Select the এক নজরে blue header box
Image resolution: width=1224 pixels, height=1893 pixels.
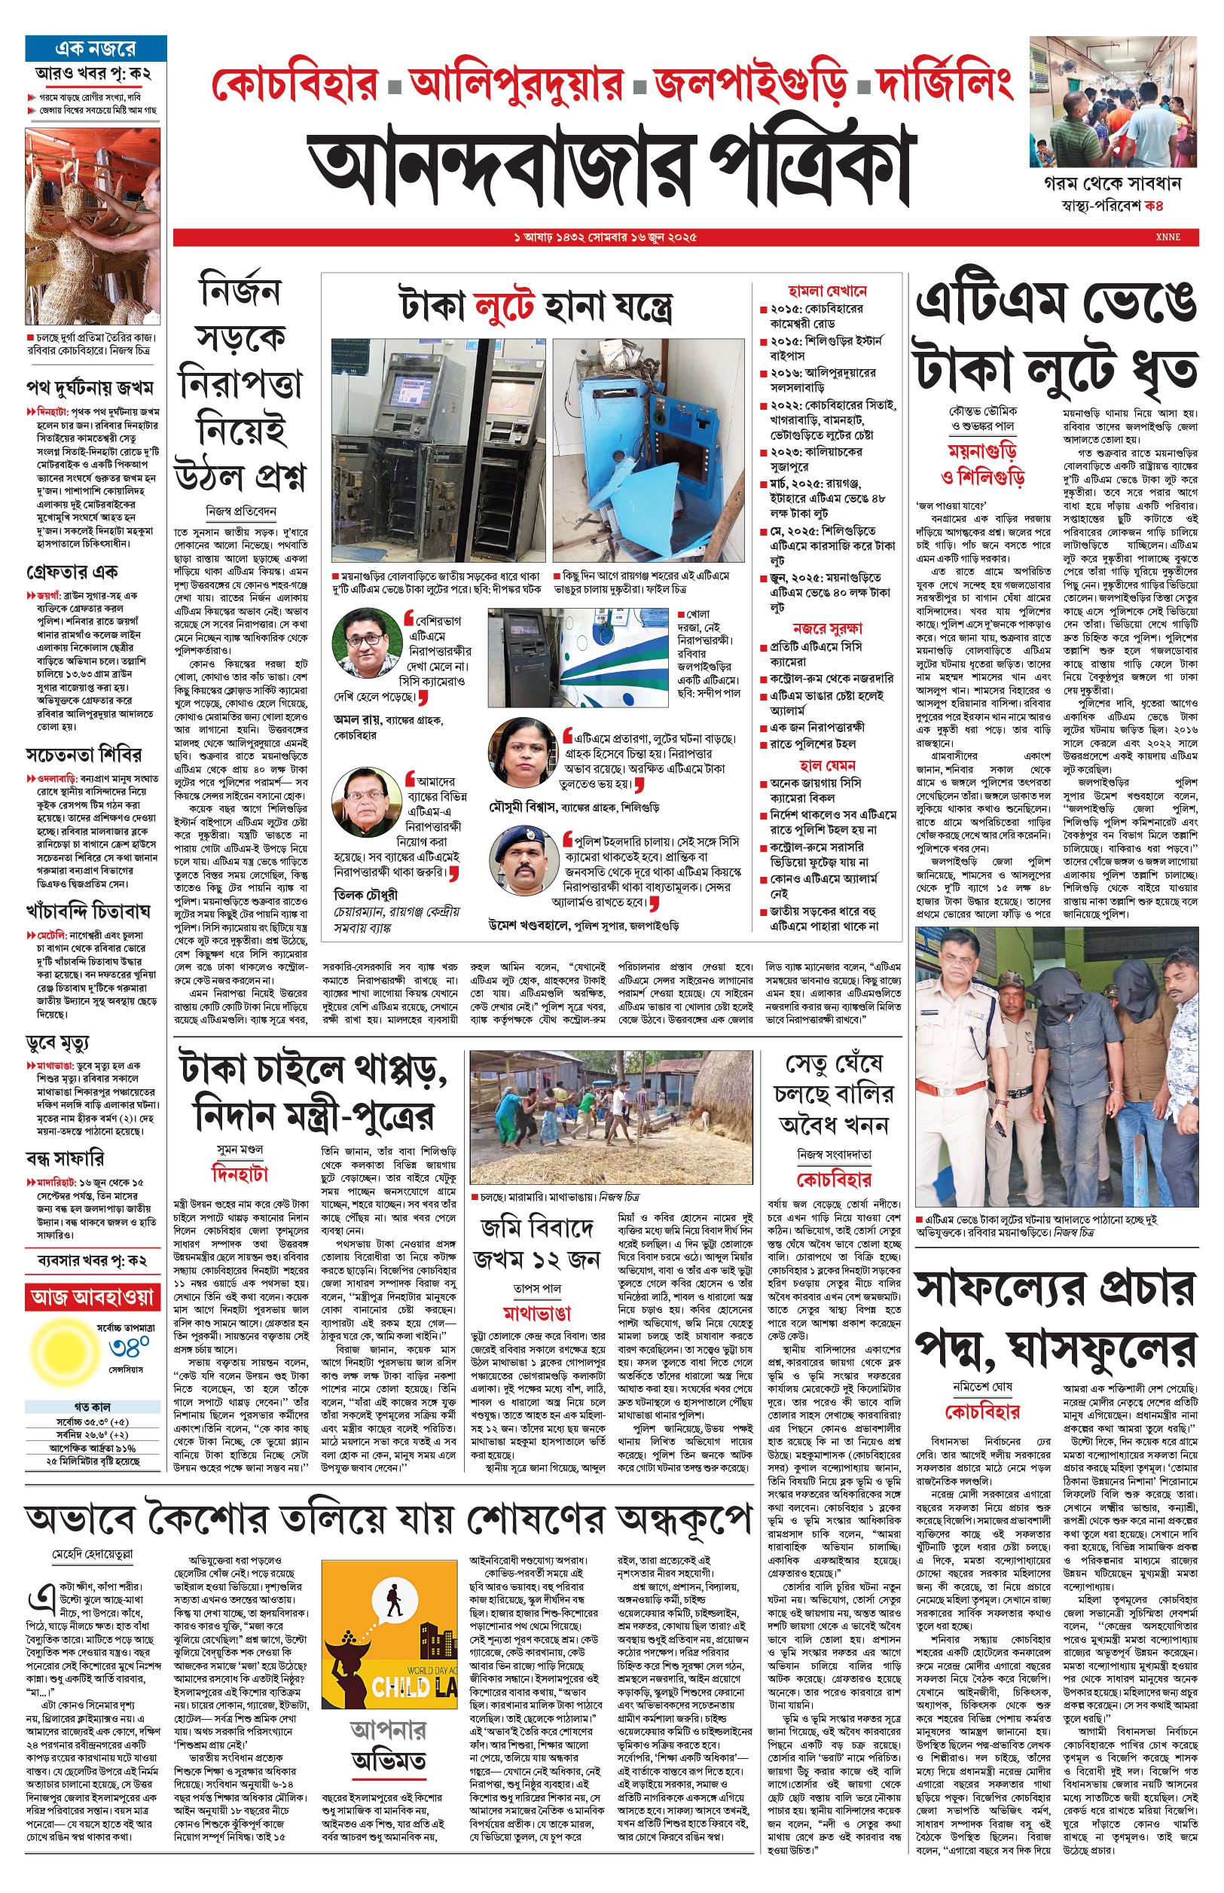pos(96,48)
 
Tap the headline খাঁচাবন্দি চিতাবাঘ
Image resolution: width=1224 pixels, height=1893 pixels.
pos(88,911)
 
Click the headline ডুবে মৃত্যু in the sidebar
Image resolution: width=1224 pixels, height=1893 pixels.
pos(58,1042)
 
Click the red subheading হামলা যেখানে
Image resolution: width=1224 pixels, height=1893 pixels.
pos(826,292)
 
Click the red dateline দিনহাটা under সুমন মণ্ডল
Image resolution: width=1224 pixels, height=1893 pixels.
pos(240,1174)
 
